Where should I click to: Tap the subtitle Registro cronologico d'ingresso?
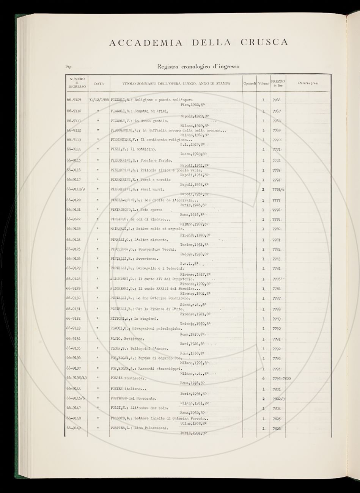[x=198, y=67]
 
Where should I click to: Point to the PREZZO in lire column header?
[x=278, y=83]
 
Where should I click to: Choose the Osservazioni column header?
[x=308, y=83]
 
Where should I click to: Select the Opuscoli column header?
[x=250, y=83]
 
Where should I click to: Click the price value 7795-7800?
[x=281, y=378]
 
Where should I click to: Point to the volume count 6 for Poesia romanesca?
[x=263, y=378]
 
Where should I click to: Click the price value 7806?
[x=277, y=429]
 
